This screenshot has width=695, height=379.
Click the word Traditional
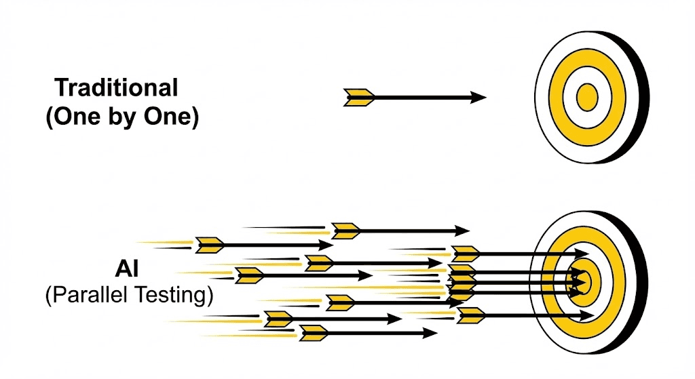[x=116, y=87]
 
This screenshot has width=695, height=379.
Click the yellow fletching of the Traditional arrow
[x=359, y=98]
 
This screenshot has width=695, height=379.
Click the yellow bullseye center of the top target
[x=586, y=98]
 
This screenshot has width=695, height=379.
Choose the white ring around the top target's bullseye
[x=570, y=98]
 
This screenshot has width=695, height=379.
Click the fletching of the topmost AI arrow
[x=345, y=231]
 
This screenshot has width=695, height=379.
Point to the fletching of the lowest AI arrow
[x=314, y=333]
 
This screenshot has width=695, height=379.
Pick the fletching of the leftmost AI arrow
[x=210, y=245]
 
